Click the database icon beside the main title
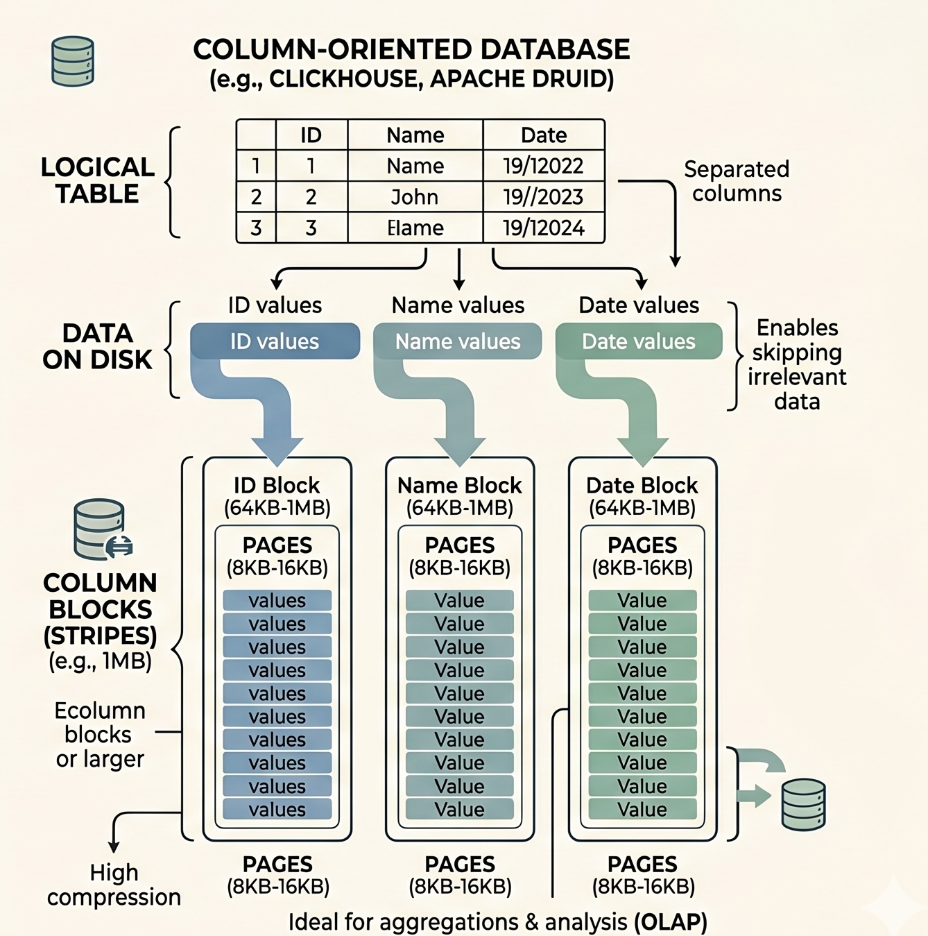[x=73, y=61]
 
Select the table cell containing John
[x=415, y=197]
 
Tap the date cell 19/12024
[x=543, y=228]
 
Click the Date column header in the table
[x=543, y=135]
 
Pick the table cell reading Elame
[x=415, y=228]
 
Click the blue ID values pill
[x=275, y=341]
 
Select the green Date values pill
[x=639, y=341]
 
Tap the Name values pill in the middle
[x=458, y=341]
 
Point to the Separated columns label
[x=737, y=181]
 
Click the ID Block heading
[x=277, y=485]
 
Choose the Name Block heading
[x=459, y=485]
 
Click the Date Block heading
[x=642, y=485]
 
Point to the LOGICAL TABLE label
[x=98, y=180]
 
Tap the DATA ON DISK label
[x=97, y=346]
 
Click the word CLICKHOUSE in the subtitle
[x=343, y=78]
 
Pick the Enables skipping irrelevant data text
[x=797, y=364]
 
